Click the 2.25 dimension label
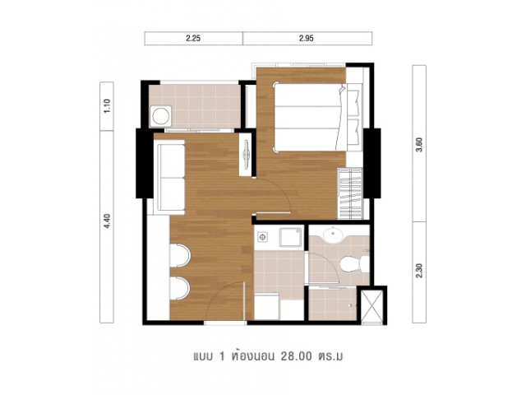193,39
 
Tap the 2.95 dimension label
307,39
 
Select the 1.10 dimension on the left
107,106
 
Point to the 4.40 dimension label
107,221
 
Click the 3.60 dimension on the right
419,145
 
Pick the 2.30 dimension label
419,272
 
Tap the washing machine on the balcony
161,116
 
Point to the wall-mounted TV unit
246,154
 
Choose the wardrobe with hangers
350,194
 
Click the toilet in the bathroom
354,264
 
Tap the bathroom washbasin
333,235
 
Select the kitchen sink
290,237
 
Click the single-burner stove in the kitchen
262,238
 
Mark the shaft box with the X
372,305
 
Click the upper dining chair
179,256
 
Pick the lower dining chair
179,288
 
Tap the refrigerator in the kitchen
266,306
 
